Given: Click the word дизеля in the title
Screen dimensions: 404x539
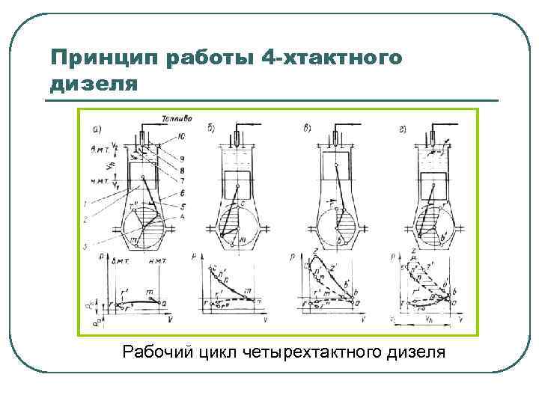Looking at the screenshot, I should [94, 83].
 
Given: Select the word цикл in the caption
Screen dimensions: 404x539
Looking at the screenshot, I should [218, 351].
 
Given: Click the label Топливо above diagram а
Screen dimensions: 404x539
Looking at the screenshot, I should [177, 118].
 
